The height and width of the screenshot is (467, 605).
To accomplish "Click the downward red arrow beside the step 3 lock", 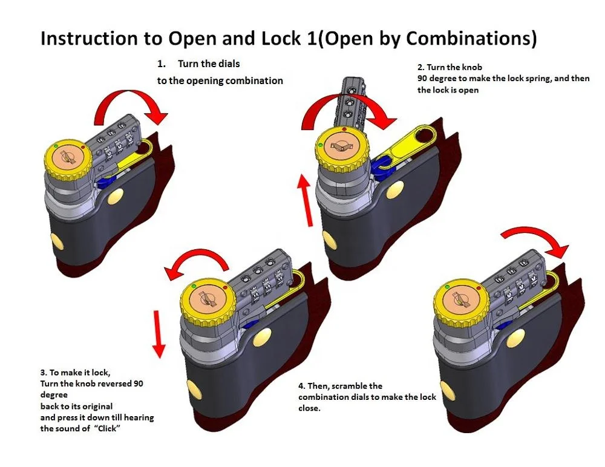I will click(x=159, y=333).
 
